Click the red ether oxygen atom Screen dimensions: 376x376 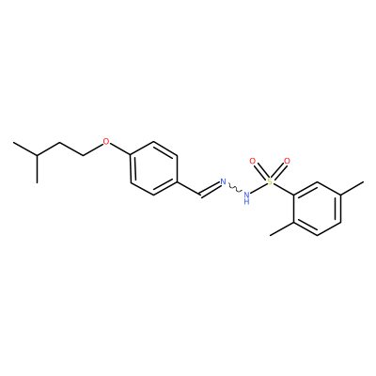click(106, 142)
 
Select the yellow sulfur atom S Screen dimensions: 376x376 click(270, 181)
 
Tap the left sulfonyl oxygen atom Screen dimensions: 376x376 click(252, 162)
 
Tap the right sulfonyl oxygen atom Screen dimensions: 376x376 click(287, 162)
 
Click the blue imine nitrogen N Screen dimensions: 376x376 click(223, 181)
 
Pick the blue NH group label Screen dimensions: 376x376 click(246, 198)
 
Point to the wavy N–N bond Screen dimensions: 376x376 click(235, 188)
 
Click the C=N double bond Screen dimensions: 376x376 click(211, 190)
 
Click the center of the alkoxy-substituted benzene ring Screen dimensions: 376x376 click(154, 168)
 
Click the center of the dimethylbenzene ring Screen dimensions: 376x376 click(317, 209)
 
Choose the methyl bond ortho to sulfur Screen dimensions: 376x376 click(282, 228)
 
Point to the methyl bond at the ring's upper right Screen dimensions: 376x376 click(352, 188)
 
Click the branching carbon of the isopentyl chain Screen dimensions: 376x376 click(37, 156)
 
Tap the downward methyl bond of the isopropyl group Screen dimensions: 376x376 click(37, 169)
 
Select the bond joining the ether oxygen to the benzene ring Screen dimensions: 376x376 click(120, 149)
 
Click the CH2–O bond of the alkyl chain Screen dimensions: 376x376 click(93, 149)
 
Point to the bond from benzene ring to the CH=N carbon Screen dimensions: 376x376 click(189, 189)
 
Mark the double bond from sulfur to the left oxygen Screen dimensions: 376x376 click(260, 171)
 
